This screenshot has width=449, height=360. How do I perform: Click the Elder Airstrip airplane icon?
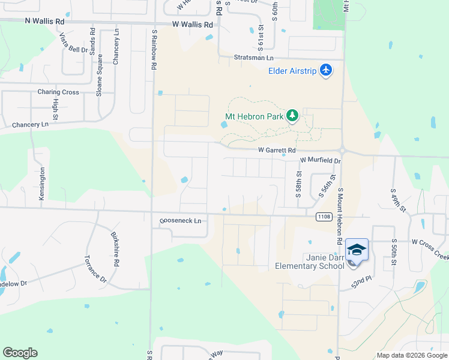pos(326,71)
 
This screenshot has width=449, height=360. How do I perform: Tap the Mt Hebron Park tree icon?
pos(292,116)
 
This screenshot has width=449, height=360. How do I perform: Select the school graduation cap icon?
pos(357,250)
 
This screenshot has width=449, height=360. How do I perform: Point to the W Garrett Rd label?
pos(277,150)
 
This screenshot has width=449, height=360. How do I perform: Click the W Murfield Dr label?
pos(320,161)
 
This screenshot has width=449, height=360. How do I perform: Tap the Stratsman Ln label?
pos(253,58)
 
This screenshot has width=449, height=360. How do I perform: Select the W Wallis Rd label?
pos(192,25)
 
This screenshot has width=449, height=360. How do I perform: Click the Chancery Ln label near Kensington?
pos(29,125)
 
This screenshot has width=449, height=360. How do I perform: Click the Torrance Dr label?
pos(95,270)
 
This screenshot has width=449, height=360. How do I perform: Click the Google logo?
pos(20,353)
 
